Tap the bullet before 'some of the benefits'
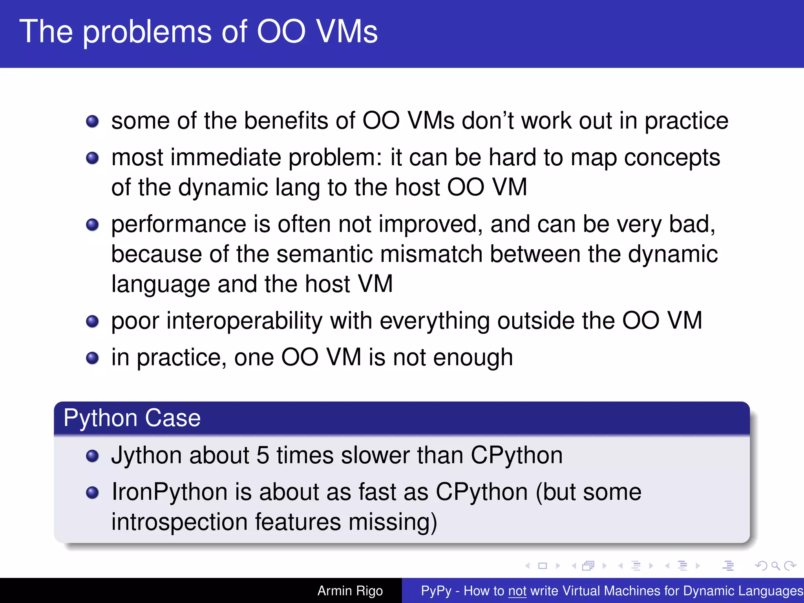click(x=92, y=121)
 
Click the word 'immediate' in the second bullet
click(x=225, y=158)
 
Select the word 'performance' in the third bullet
click(x=179, y=225)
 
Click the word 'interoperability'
click(x=244, y=321)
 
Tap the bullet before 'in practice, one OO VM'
click(x=92, y=358)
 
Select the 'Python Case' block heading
click(x=132, y=418)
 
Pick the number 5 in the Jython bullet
click(x=263, y=455)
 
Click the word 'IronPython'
click(x=170, y=492)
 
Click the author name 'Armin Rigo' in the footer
click(x=350, y=591)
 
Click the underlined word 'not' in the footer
click(x=517, y=591)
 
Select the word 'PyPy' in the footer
click(x=436, y=591)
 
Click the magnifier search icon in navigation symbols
click(x=775, y=566)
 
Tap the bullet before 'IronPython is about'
click(x=92, y=493)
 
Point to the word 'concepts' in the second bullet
click(x=672, y=158)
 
